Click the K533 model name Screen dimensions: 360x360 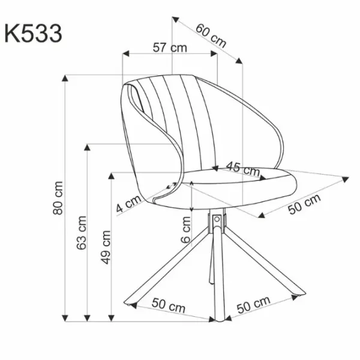tap(33, 34)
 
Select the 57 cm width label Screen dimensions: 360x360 tap(170, 48)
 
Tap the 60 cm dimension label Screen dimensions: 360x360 tap(211, 35)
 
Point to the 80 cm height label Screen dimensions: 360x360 tap(58, 198)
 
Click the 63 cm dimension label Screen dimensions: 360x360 tap(82, 233)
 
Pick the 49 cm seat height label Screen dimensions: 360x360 tap(106, 247)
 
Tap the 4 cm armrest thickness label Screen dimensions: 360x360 tap(128, 204)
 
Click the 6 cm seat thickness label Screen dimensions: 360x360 tap(185, 230)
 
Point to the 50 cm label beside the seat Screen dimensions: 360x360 tap(304, 204)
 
